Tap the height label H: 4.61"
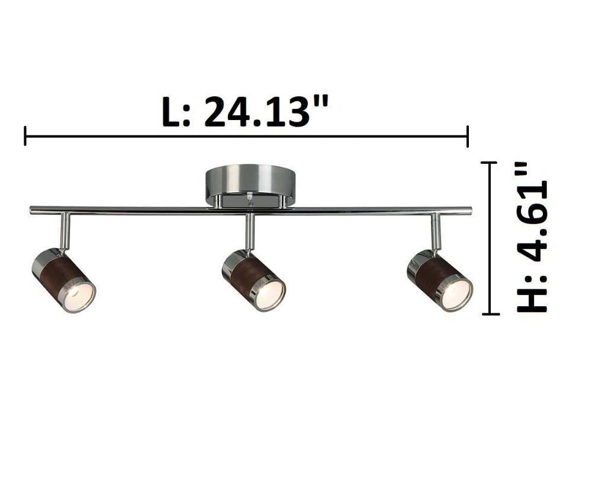point(532,236)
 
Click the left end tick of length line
point(25,136)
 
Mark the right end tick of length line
point(468,136)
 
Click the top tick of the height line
point(488,163)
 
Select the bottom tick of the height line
point(488,314)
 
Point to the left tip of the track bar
point(31,210)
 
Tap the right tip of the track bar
point(471,210)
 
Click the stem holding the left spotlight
point(65,231)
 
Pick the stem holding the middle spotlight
point(250,231)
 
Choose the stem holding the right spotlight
point(436,231)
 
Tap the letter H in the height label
point(532,299)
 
